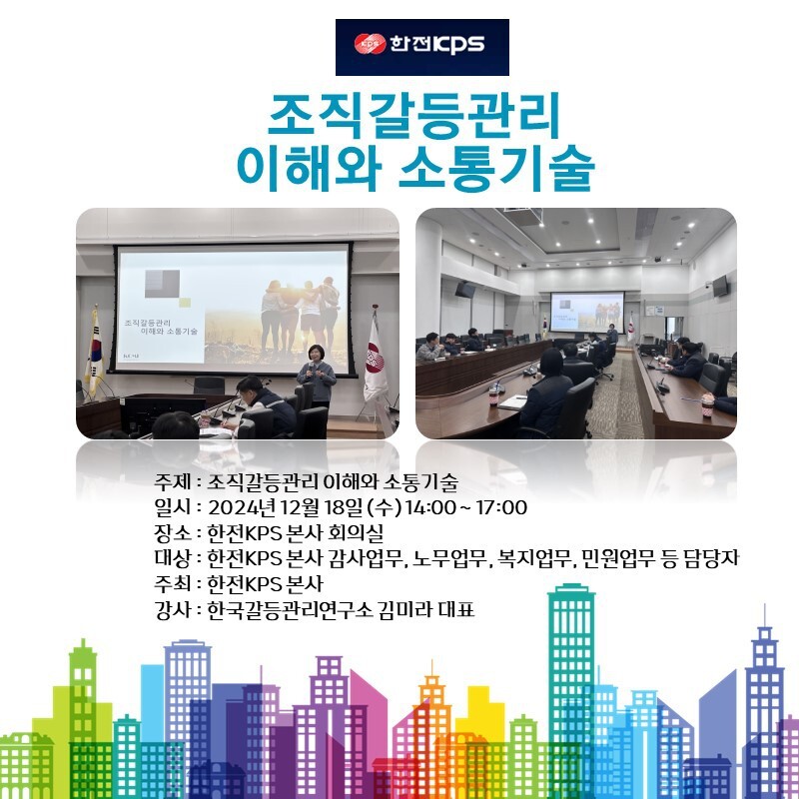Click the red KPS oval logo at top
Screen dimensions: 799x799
(370, 44)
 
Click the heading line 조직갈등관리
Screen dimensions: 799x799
(413, 116)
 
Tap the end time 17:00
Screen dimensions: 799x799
(501, 508)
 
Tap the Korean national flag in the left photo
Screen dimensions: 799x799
(95, 353)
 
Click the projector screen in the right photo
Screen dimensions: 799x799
(587, 311)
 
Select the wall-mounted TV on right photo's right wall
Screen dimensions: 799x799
(720, 286)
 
